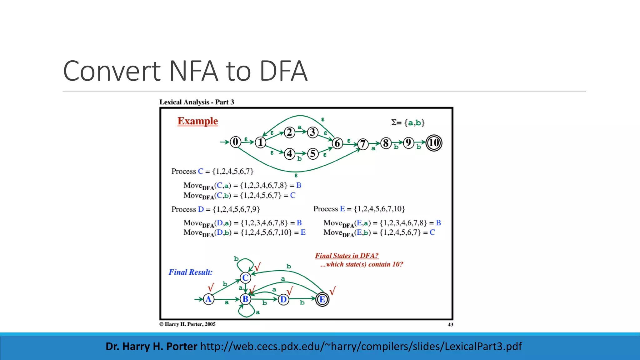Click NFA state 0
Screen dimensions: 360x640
click(x=235, y=142)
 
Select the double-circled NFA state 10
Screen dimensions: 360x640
click(x=434, y=143)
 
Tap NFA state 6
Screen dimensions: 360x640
click(x=337, y=143)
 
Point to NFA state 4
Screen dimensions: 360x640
click(x=290, y=154)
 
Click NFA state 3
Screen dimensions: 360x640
click(x=312, y=132)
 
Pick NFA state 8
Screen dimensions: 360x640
click(x=386, y=143)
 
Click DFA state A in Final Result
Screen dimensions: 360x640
click(x=208, y=299)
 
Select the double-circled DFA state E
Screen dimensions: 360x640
click(x=322, y=299)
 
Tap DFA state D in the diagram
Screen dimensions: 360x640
click(x=283, y=299)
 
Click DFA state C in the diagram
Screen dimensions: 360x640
click(x=245, y=277)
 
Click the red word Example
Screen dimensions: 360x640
click(x=197, y=121)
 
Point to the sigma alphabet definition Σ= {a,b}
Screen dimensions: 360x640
click(x=407, y=122)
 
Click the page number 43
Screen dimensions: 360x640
click(x=450, y=324)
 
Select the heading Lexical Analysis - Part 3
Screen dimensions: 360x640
click(x=197, y=102)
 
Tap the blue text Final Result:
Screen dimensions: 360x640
click(x=190, y=272)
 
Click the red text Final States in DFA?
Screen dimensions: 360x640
click(x=347, y=256)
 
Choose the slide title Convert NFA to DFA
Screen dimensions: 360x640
click(x=185, y=71)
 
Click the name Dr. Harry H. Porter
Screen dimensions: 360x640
click(x=151, y=346)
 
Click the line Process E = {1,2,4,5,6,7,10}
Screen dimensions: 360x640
click(x=359, y=209)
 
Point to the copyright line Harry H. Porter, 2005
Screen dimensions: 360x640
click(x=187, y=324)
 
